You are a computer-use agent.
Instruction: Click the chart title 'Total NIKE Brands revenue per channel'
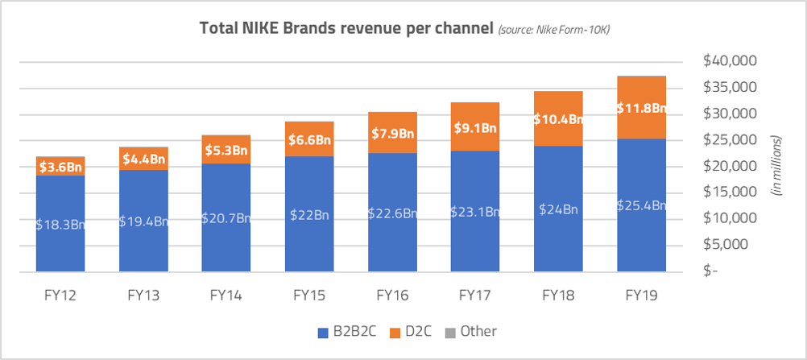(x=346, y=29)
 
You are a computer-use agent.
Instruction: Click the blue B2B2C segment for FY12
(x=60, y=201)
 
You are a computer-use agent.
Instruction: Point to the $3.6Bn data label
(x=60, y=168)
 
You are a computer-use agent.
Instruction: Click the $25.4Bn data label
(x=641, y=205)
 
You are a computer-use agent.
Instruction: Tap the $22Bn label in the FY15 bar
(x=309, y=214)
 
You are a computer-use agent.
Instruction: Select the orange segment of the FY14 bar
(x=226, y=149)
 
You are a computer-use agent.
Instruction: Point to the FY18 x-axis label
(x=558, y=296)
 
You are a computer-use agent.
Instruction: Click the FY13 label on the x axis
(x=143, y=296)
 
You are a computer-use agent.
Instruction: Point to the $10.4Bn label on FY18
(x=558, y=119)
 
